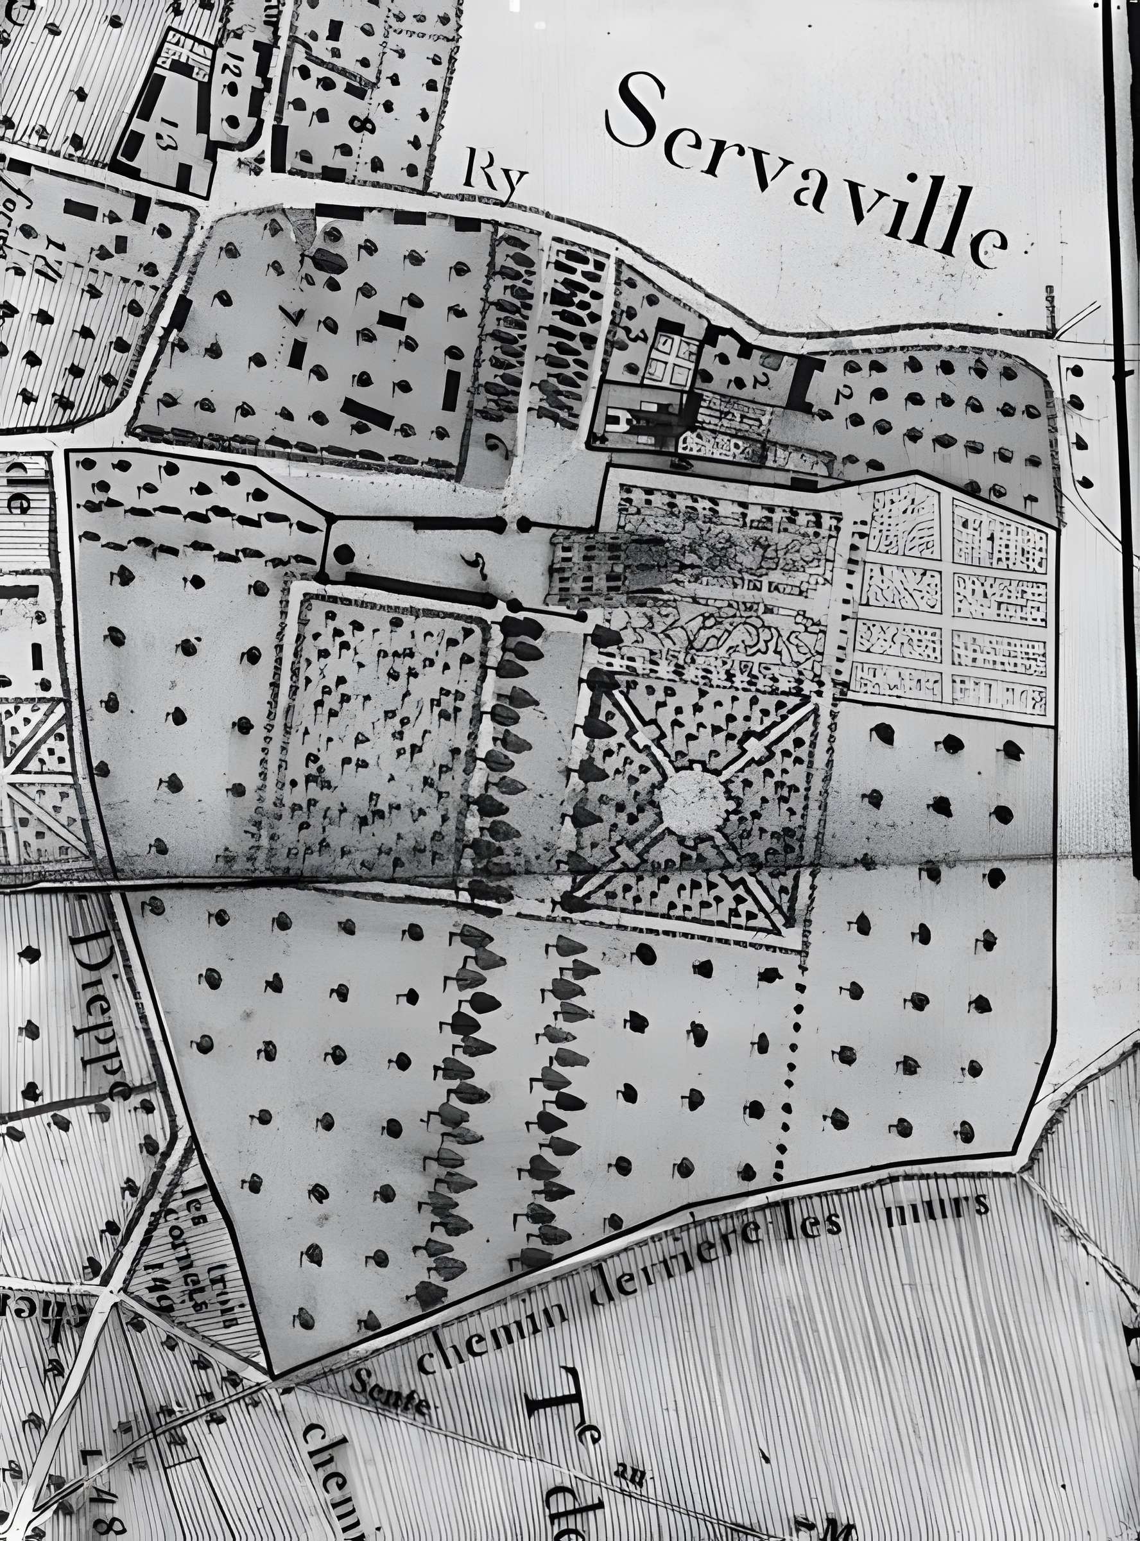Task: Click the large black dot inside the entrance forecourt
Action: (343, 553)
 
